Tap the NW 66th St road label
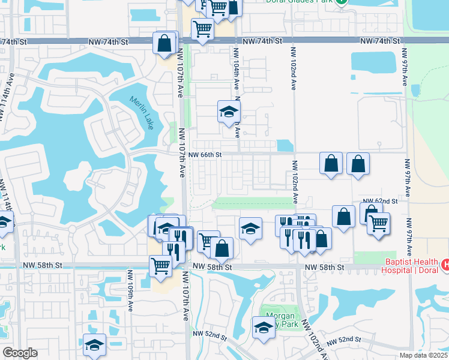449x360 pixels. click(205, 155)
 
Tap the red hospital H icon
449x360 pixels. click(445, 264)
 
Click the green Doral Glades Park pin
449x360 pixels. click(341, 2)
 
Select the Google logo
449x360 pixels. click(19, 353)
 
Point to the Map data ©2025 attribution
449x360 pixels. click(424, 355)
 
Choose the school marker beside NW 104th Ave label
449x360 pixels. click(228, 112)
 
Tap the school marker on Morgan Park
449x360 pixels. click(263, 328)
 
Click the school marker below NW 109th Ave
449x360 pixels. click(94, 345)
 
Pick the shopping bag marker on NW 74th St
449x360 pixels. click(164, 43)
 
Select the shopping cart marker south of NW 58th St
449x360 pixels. click(160, 265)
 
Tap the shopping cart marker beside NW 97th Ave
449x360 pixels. click(378, 223)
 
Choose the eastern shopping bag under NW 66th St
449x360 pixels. click(358, 164)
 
